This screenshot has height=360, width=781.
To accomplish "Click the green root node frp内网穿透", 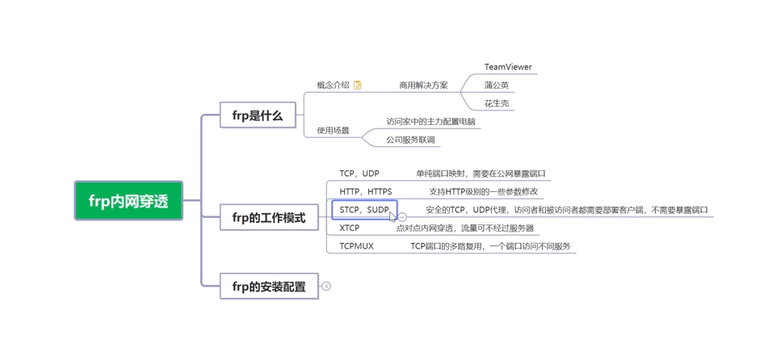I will [128, 201].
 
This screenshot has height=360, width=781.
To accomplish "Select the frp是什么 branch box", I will [258, 115].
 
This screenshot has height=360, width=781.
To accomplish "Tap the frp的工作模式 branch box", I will [269, 218].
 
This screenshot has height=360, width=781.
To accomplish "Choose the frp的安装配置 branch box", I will [269, 287].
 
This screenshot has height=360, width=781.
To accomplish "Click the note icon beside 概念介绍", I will [358, 85].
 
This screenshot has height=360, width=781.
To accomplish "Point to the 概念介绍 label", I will [333, 85].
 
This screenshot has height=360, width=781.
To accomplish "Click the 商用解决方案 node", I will [423, 85].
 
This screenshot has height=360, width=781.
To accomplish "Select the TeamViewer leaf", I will [508, 67].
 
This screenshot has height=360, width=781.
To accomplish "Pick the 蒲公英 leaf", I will [497, 85].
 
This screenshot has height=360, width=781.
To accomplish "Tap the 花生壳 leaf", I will [497, 103].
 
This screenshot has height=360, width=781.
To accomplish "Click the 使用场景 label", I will [333, 130].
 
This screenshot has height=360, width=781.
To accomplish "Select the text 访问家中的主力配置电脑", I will [430, 122].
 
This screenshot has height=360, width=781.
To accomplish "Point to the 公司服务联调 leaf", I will [410, 140].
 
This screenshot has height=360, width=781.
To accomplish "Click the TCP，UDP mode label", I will [359, 174].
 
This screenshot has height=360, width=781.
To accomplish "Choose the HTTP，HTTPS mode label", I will [365, 191].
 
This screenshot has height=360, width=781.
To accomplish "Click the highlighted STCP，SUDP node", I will [364, 210].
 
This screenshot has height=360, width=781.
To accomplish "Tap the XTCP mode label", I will [349, 228].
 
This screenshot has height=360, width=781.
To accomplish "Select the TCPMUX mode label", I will [356, 246].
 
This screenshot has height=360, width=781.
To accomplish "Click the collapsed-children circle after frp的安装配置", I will [326, 287].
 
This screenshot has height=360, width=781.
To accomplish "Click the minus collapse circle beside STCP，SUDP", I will [403, 217].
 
